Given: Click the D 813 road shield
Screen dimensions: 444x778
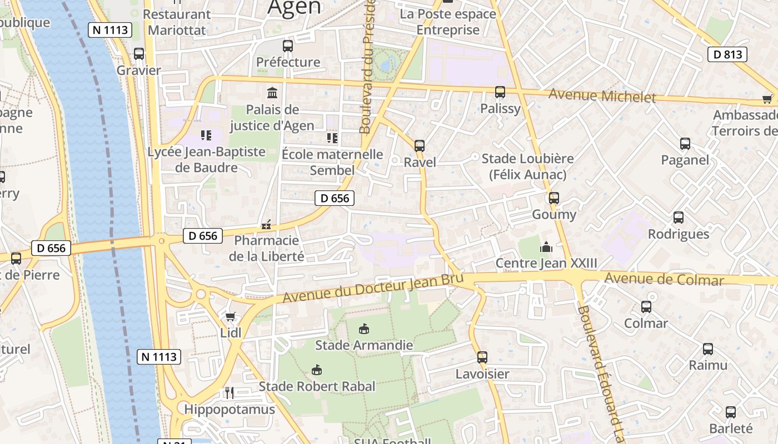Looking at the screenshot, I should [727, 54].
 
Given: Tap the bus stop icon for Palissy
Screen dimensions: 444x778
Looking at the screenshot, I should [500, 92].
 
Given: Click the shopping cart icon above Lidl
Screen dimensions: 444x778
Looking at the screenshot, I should [231, 316].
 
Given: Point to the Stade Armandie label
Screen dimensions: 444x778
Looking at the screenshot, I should [364, 345].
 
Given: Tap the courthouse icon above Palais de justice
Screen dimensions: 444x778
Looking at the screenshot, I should [272, 93].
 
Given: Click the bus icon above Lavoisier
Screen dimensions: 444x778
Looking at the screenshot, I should [482, 357].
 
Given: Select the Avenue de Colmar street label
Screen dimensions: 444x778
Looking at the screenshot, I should [664, 279].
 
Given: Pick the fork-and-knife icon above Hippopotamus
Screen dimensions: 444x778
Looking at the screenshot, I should [230, 393].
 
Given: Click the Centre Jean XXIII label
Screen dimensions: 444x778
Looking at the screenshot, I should [546, 263].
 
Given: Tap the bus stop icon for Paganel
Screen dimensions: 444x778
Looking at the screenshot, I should [685, 144].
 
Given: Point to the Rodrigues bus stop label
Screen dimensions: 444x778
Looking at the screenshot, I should [679, 234].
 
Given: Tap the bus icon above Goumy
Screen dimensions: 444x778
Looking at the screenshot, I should [554, 198].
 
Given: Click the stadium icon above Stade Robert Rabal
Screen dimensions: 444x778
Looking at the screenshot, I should [317, 370].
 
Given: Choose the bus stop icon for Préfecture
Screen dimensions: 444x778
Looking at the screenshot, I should [288, 46].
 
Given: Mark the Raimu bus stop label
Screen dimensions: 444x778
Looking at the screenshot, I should [708, 365].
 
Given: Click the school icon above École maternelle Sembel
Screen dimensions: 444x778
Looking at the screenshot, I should [332, 138].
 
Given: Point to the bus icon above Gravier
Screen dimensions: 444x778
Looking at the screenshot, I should [139, 54].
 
